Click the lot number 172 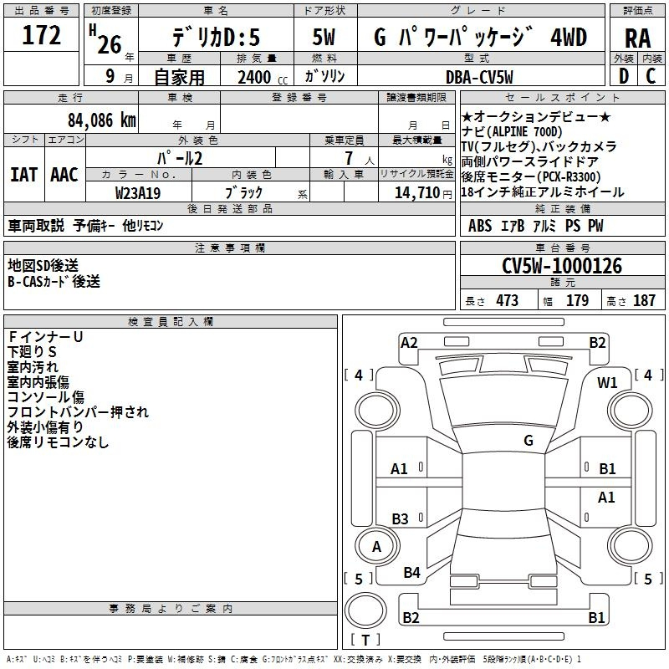(x=41, y=34)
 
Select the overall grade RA (x=637, y=38)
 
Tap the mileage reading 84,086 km (x=101, y=120)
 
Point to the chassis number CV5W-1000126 (x=562, y=266)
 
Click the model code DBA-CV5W (x=479, y=77)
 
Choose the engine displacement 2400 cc (x=263, y=77)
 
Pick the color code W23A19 (x=138, y=193)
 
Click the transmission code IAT (x=24, y=175)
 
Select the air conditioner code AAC (x=64, y=175)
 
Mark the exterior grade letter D (x=623, y=76)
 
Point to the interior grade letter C (x=651, y=76)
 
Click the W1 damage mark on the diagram (x=607, y=383)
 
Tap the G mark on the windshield (x=529, y=441)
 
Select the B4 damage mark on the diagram (x=411, y=572)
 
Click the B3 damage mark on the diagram (x=400, y=518)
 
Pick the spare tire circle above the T (x=365, y=610)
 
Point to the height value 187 (x=644, y=300)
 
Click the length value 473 (x=508, y=300)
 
